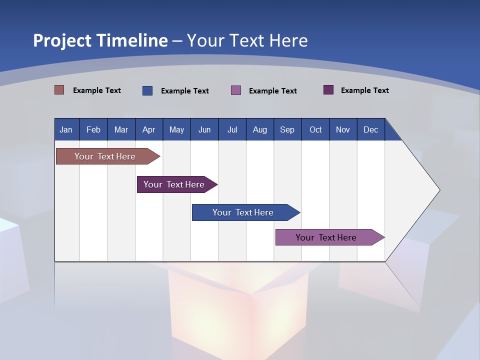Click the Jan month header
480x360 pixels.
(x=66, y=129)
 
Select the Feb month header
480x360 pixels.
(x=93, y=129)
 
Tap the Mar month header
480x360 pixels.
(x=121, y=129)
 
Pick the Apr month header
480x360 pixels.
(x=149, y=129)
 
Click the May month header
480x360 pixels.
(x=176, y=129)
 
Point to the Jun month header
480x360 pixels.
(x=204, y=129)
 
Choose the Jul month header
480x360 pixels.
(x=232, y=129)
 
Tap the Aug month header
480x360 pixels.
(x=260, y=129)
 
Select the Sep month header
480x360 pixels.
(x=287, y=129)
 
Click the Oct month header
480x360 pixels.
(x=315, y=129)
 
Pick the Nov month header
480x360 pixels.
(x=343, y=129)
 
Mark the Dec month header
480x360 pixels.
(x=371, y=129)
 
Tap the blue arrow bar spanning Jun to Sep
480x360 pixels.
(x=243, y=212)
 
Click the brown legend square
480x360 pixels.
(x=59, y=90)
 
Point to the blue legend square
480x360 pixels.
(x=147, y=90)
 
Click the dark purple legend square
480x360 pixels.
(x=328, y=90)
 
